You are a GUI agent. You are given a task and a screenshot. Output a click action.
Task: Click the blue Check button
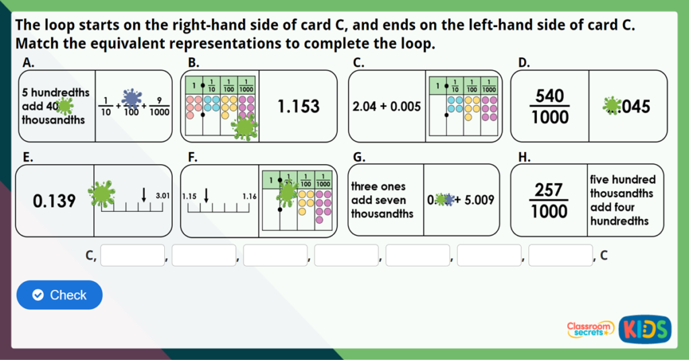[59, 295]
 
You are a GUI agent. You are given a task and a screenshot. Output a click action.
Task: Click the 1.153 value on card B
[298, 106]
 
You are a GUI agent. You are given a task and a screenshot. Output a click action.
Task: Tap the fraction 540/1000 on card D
[550, 106]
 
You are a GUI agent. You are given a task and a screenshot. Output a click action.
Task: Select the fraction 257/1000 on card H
[549, 201]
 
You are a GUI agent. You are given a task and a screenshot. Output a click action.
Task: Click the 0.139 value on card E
[55, 201]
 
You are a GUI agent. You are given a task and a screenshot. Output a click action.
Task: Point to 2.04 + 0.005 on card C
[386, 106]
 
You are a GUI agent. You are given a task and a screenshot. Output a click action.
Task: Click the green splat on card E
[102, 194]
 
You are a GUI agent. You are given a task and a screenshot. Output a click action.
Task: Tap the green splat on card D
[612, 106]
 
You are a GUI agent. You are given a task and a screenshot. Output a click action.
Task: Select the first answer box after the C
[133, 256]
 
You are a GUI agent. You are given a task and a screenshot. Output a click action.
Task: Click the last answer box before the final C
[560, 256]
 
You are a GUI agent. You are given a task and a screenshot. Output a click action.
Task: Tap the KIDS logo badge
[645, 328]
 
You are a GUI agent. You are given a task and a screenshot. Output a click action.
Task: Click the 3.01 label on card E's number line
[162, 196]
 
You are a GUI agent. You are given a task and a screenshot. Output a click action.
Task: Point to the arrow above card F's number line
[206, 195]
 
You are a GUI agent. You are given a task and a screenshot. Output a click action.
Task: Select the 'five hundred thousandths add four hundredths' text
[622, 201]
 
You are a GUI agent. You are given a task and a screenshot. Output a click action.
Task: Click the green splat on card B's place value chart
[244, 126]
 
